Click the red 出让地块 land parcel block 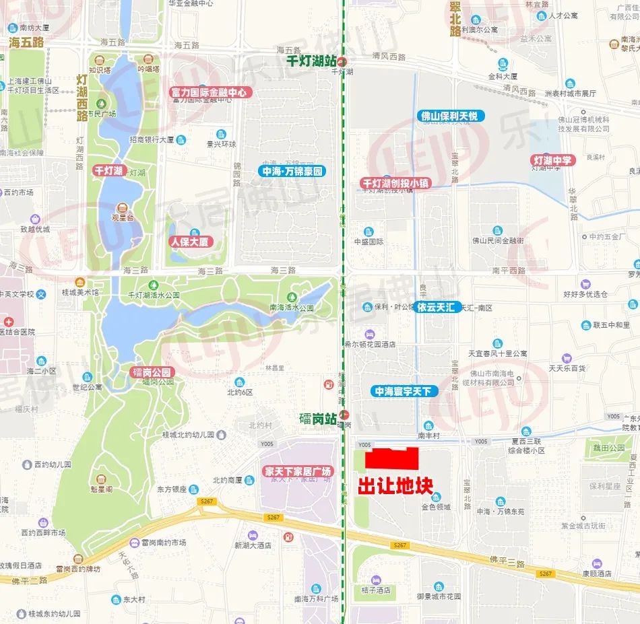[391, 459]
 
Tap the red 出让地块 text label [394, 485]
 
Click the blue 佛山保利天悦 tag [447, 116]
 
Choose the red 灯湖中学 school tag [552, 160]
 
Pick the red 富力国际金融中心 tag [209, 92]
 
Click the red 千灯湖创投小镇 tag [395, 183]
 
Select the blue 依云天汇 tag [436, 307]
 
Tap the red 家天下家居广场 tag [298, 471]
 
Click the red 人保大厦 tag [189, 242]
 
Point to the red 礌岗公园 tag [152, 372]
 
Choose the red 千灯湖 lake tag [108, 171]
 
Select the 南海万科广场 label [317, 598]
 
